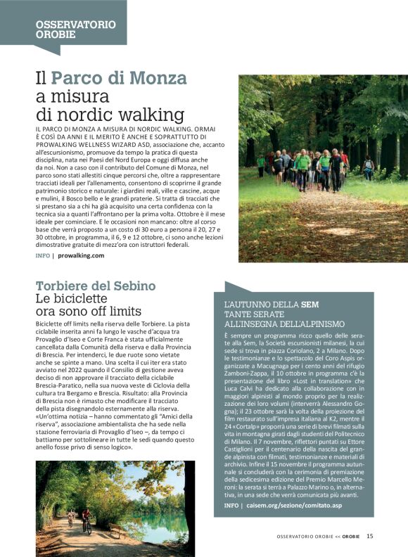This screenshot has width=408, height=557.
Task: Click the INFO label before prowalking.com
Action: coord(42,256)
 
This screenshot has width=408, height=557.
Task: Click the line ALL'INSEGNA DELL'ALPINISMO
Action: coord(283,324)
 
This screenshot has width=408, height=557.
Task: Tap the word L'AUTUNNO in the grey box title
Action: coord(247,305)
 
